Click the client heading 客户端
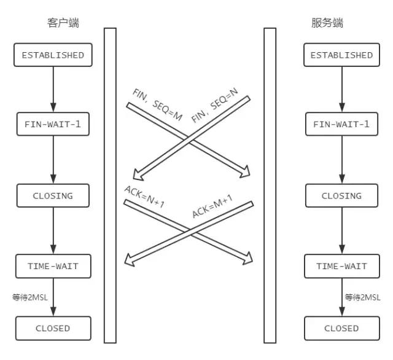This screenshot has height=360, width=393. coord(63,23)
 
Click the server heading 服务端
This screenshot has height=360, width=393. coord(327,23)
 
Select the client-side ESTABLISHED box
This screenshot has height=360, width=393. coord(53,55)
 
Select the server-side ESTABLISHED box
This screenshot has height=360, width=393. coord(341,55)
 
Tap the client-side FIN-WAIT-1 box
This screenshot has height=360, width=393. coord(53,125)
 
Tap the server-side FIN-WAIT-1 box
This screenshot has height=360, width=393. coord(341,125)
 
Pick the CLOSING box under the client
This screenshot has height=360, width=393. coord(53,196)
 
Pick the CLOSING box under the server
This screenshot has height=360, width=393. coord(341,196)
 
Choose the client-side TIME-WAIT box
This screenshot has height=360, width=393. coord(53,266)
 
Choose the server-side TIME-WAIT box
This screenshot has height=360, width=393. coord(341,266)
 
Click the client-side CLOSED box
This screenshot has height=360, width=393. coord(53,328)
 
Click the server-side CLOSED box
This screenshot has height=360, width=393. coord(341,328)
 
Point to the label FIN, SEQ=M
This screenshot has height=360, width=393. coord(158,104)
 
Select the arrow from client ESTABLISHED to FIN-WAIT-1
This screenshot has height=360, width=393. coord(53,90)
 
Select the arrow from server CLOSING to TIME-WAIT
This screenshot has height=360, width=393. coord(341,231)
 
